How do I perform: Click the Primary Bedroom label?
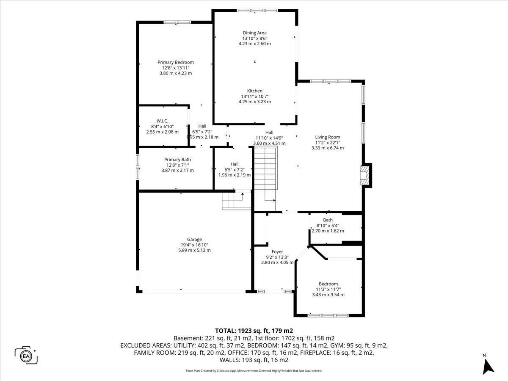pyautogui.click(x=176, y=62)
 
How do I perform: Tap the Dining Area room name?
pyautogui.click(x=254, y=33)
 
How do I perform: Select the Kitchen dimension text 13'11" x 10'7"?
pyautogui.click(x=255, y=96)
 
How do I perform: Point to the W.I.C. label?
pyautogui.click(x=162, y=121)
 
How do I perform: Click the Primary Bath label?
pyautogui.click(x=177, y=160)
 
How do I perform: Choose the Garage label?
pyautogui.click(x=194, y=240)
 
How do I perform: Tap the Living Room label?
pyautogui.click(x=328, y=137)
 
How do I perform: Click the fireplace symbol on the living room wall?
pyautogui.click(x=364, y=175)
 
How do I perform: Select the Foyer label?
pyautogui.click(x=277, y=252)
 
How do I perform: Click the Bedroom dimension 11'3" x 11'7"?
pyautogui.click(x=328, y=289)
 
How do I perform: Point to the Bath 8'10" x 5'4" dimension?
pyautogui.click(x=328, y=225)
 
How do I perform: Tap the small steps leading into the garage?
pyautogui.click(x=236, y=201)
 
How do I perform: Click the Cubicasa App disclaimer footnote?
pyautogui.click(x=254, y=371)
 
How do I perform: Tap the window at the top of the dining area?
pyautogui.click(x=257, y=11)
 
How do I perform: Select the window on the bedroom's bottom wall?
pyautogui.click(x=328, y=315)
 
